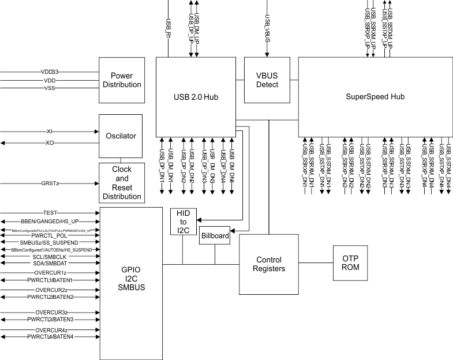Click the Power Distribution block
(122, 80)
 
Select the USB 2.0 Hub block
(196, 96)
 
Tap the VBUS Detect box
(268, 80)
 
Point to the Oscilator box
(121, 136)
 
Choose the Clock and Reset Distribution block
(122, 183)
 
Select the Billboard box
(215, 235)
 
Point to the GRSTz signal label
(50, 183)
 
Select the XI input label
(50, 132)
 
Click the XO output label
(50, 142)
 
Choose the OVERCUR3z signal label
(51, 312)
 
